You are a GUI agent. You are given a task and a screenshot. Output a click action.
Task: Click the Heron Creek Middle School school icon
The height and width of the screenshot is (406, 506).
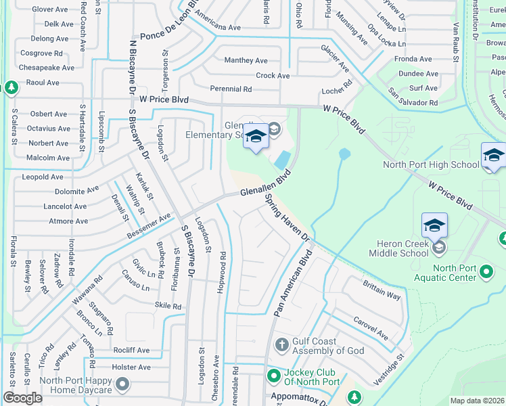[434, 225]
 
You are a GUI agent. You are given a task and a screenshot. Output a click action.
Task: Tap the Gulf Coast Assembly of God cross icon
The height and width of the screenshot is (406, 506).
[282, 346]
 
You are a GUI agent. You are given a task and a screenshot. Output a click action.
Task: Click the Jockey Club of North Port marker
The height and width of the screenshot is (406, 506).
[273, 376]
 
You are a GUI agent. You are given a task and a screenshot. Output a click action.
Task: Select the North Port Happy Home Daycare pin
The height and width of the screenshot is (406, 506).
[122, 385]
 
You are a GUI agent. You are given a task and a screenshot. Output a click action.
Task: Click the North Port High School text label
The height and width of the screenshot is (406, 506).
[431, 164]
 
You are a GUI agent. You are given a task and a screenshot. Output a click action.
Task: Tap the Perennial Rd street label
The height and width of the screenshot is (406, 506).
[231, 89]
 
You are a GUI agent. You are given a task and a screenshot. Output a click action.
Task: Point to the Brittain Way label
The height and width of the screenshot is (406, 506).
[382, 290]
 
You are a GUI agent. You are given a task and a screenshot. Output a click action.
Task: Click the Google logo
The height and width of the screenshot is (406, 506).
[22, 398]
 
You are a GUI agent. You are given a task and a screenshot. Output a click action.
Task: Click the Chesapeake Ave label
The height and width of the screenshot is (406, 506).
[47, 68]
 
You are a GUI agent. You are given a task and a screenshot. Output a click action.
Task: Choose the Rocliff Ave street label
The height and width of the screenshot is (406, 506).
[131, 351]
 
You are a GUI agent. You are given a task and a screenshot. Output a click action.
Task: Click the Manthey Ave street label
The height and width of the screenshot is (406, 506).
[246, 60]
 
